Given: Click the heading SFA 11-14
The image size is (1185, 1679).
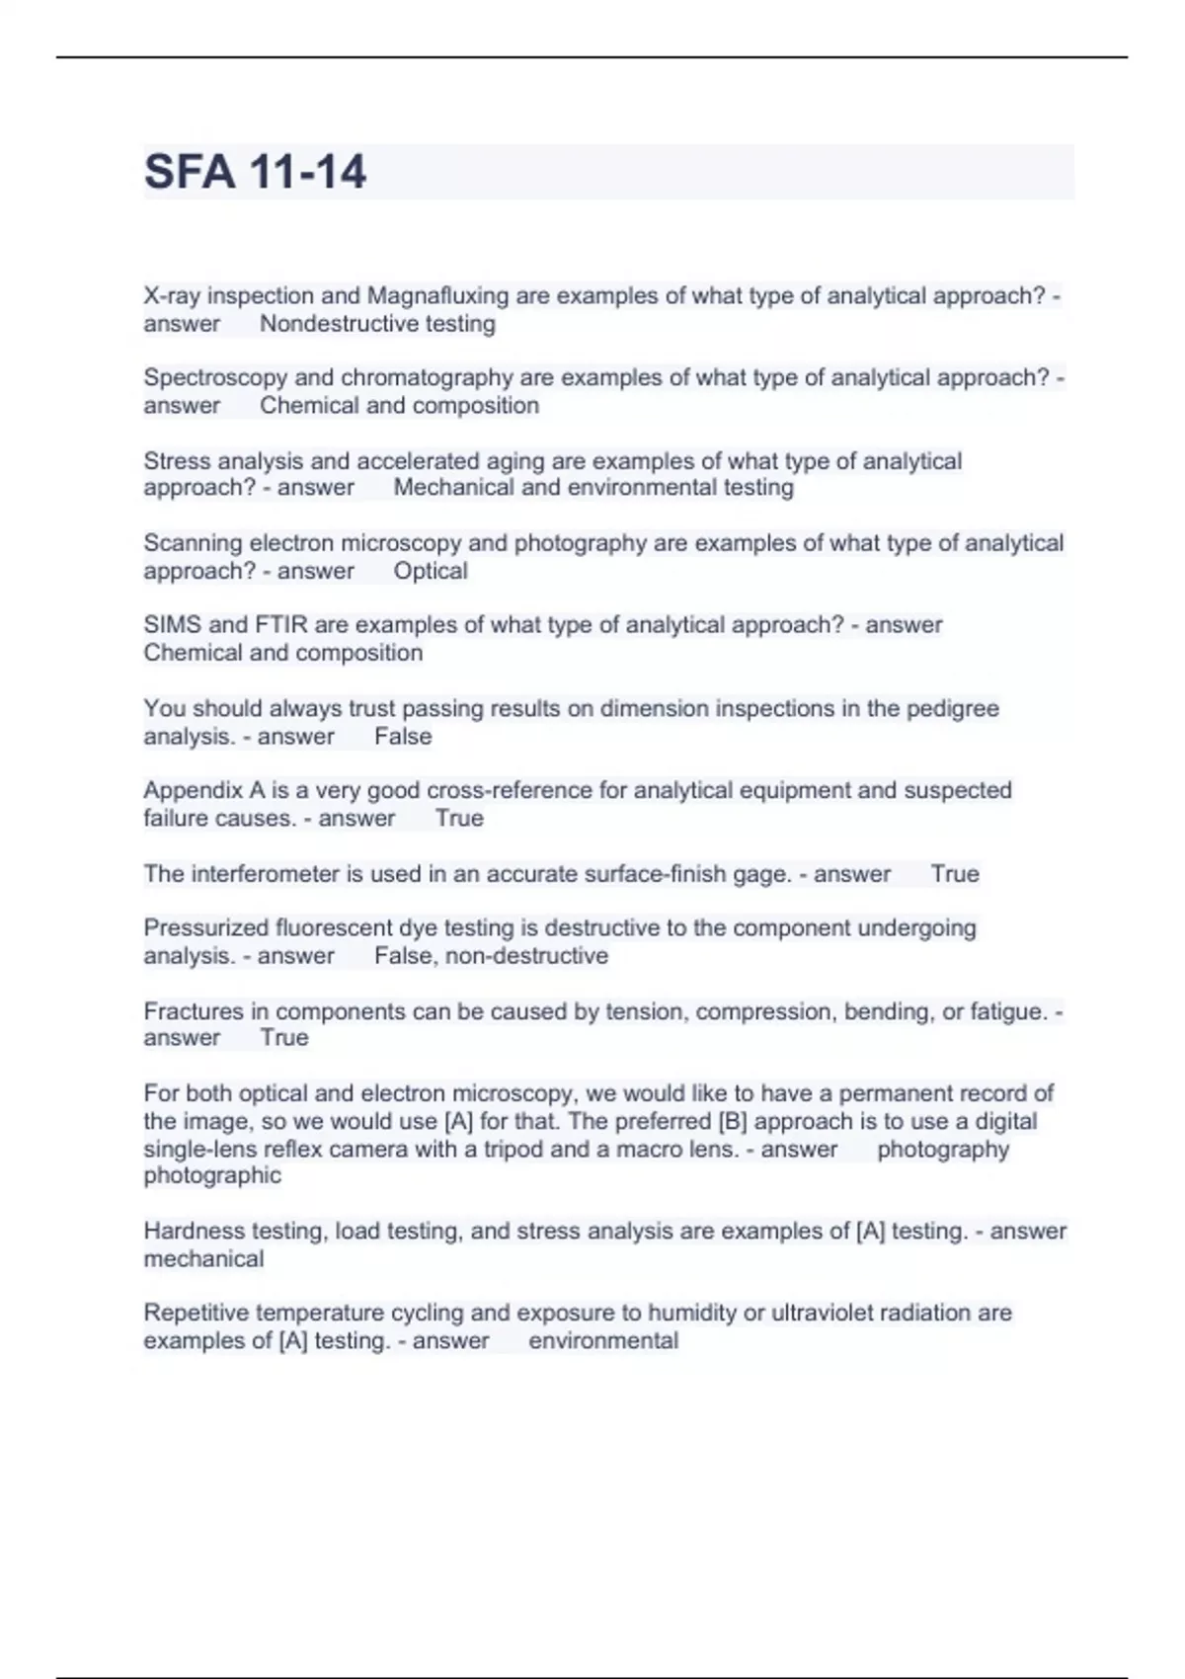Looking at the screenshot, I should coord(255,172).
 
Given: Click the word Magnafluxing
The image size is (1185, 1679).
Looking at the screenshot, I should coord(437,296).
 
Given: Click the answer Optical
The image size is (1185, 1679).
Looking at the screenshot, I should coord(431,571).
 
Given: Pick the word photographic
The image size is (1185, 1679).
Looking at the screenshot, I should coord(212,1176).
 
